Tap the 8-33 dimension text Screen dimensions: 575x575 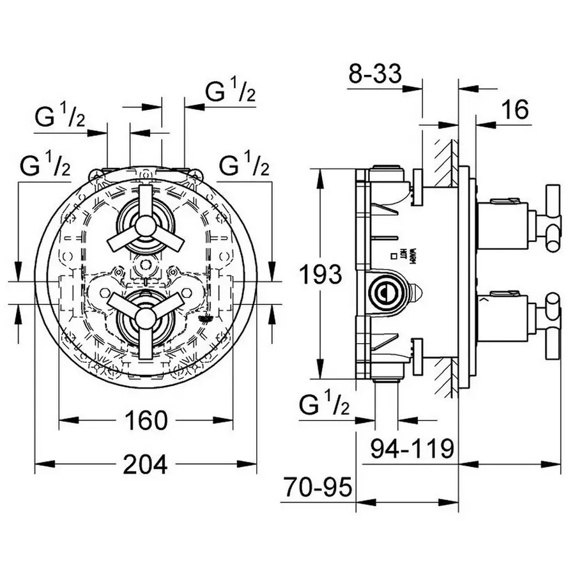click(376, 74)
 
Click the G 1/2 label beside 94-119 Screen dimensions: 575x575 click(323, 405)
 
